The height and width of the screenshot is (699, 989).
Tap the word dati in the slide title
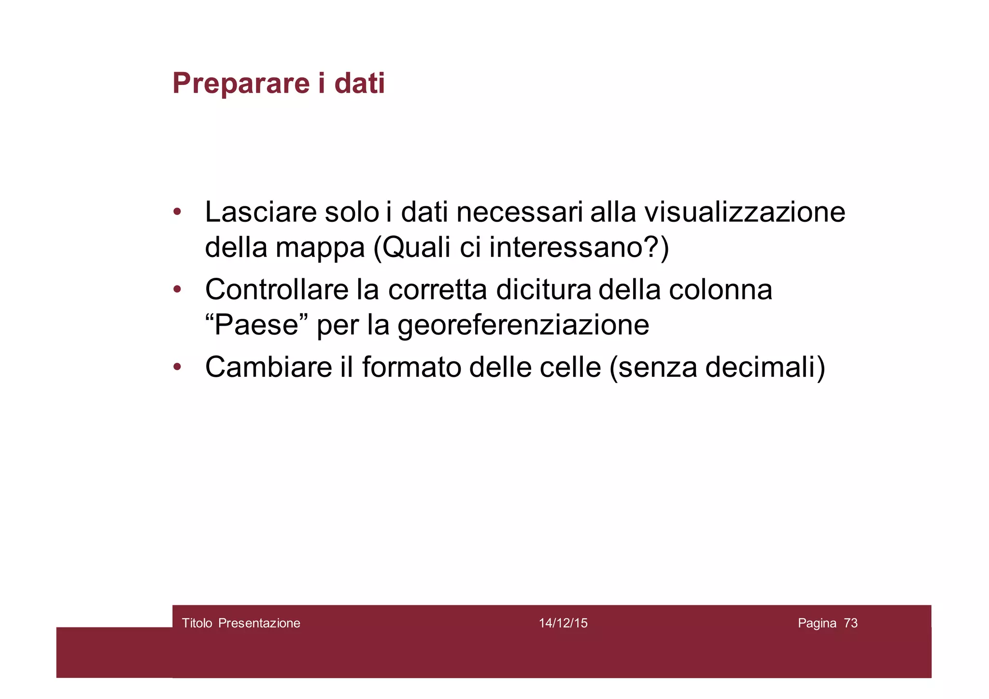point(359,83)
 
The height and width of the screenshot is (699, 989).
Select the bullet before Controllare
point(177,289)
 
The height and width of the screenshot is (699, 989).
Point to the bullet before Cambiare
point(177,367)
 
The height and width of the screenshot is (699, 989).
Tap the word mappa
point(320,248)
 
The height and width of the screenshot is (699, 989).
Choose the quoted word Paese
point(256,325)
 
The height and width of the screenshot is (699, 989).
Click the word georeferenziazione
point(523,326)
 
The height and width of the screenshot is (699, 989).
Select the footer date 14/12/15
point(563,623)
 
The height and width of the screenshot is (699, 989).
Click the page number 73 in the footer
point(851,623)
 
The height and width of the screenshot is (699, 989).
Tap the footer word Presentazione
point(259,623)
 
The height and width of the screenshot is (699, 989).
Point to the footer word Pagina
point(817,624)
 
